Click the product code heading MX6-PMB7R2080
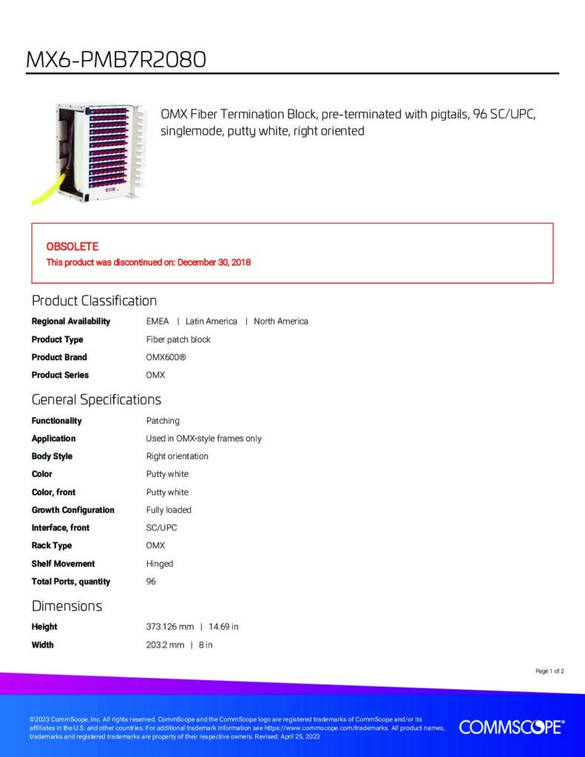click(116, 59)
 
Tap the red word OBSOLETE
click(72, 247)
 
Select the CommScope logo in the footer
click(512, 727)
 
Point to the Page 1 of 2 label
click(550, 671)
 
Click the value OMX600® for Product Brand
click(166, 357)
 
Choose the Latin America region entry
click(211, 322)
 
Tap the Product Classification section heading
click(94, 301)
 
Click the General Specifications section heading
click(96, 400)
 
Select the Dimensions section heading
click(67, 606)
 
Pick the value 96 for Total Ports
click(151, 581)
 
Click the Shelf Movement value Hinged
click(160, 564)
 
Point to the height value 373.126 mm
click(170, 627)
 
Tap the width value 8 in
click(206, 645)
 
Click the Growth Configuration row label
click(73, 510)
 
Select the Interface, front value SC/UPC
click(161, 528)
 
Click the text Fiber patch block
click(178, 339)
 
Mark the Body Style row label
click(52, 456)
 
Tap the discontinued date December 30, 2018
click(214, 262)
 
